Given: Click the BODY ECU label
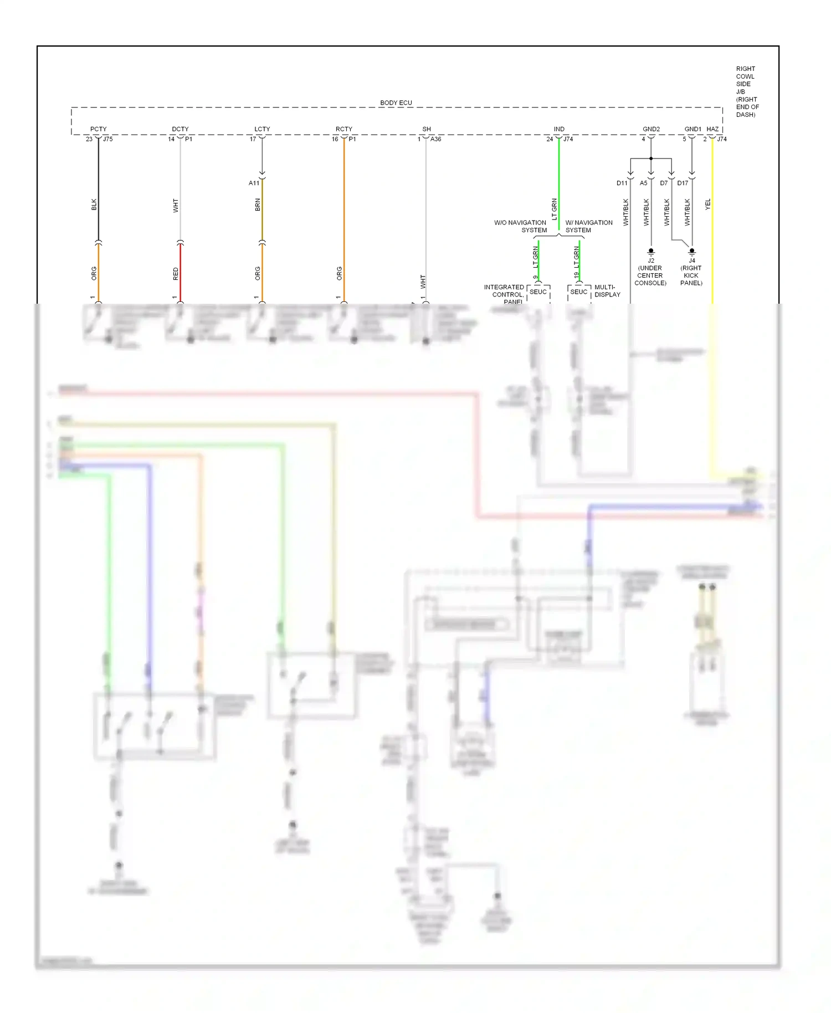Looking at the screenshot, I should [x=396, y=103].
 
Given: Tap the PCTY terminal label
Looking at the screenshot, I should [x=98, y=129].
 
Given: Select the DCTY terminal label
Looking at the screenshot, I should [x=180, y=129].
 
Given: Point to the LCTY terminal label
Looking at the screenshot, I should [x=262, y=129].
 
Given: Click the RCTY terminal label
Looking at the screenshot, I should [x=343, y=129].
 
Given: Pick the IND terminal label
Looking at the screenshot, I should [x=559, y=129].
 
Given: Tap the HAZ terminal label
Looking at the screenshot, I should [x=712, y=129].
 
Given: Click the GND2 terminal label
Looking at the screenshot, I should [x=651, y=129].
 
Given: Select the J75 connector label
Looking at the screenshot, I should [x=107, y=139].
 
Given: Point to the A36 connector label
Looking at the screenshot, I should [x=435, y=139].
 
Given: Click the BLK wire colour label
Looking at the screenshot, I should [x=94, y=204].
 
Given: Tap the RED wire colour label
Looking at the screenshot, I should [x=176, y=274].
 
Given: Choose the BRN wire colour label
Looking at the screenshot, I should [x=258, y=205].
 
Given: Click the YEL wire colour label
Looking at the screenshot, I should [x=707, y=204].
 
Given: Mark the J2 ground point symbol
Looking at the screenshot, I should [x=651, y=252].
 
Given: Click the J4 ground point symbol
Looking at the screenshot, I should [x=691, y=252].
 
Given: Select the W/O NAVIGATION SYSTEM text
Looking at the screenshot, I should [x=520, y=226].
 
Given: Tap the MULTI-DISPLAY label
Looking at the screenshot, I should [x=607, y=291].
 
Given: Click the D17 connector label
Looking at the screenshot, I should [x=683, y=183].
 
